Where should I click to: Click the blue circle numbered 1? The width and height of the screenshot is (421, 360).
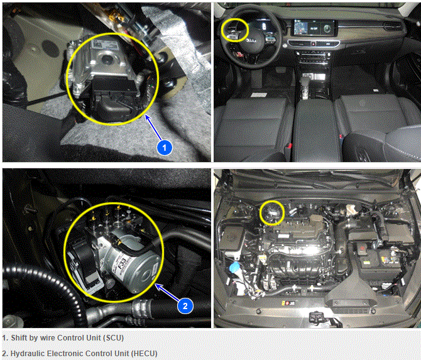165,148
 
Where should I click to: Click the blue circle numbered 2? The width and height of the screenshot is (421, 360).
185,306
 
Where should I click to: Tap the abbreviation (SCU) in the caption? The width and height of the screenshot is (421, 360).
113,338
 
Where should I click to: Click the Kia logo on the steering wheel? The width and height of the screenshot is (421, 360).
252,41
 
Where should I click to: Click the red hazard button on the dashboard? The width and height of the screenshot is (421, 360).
314,43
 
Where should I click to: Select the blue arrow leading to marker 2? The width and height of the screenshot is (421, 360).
168,293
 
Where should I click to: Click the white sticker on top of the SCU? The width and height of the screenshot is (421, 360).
105,45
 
